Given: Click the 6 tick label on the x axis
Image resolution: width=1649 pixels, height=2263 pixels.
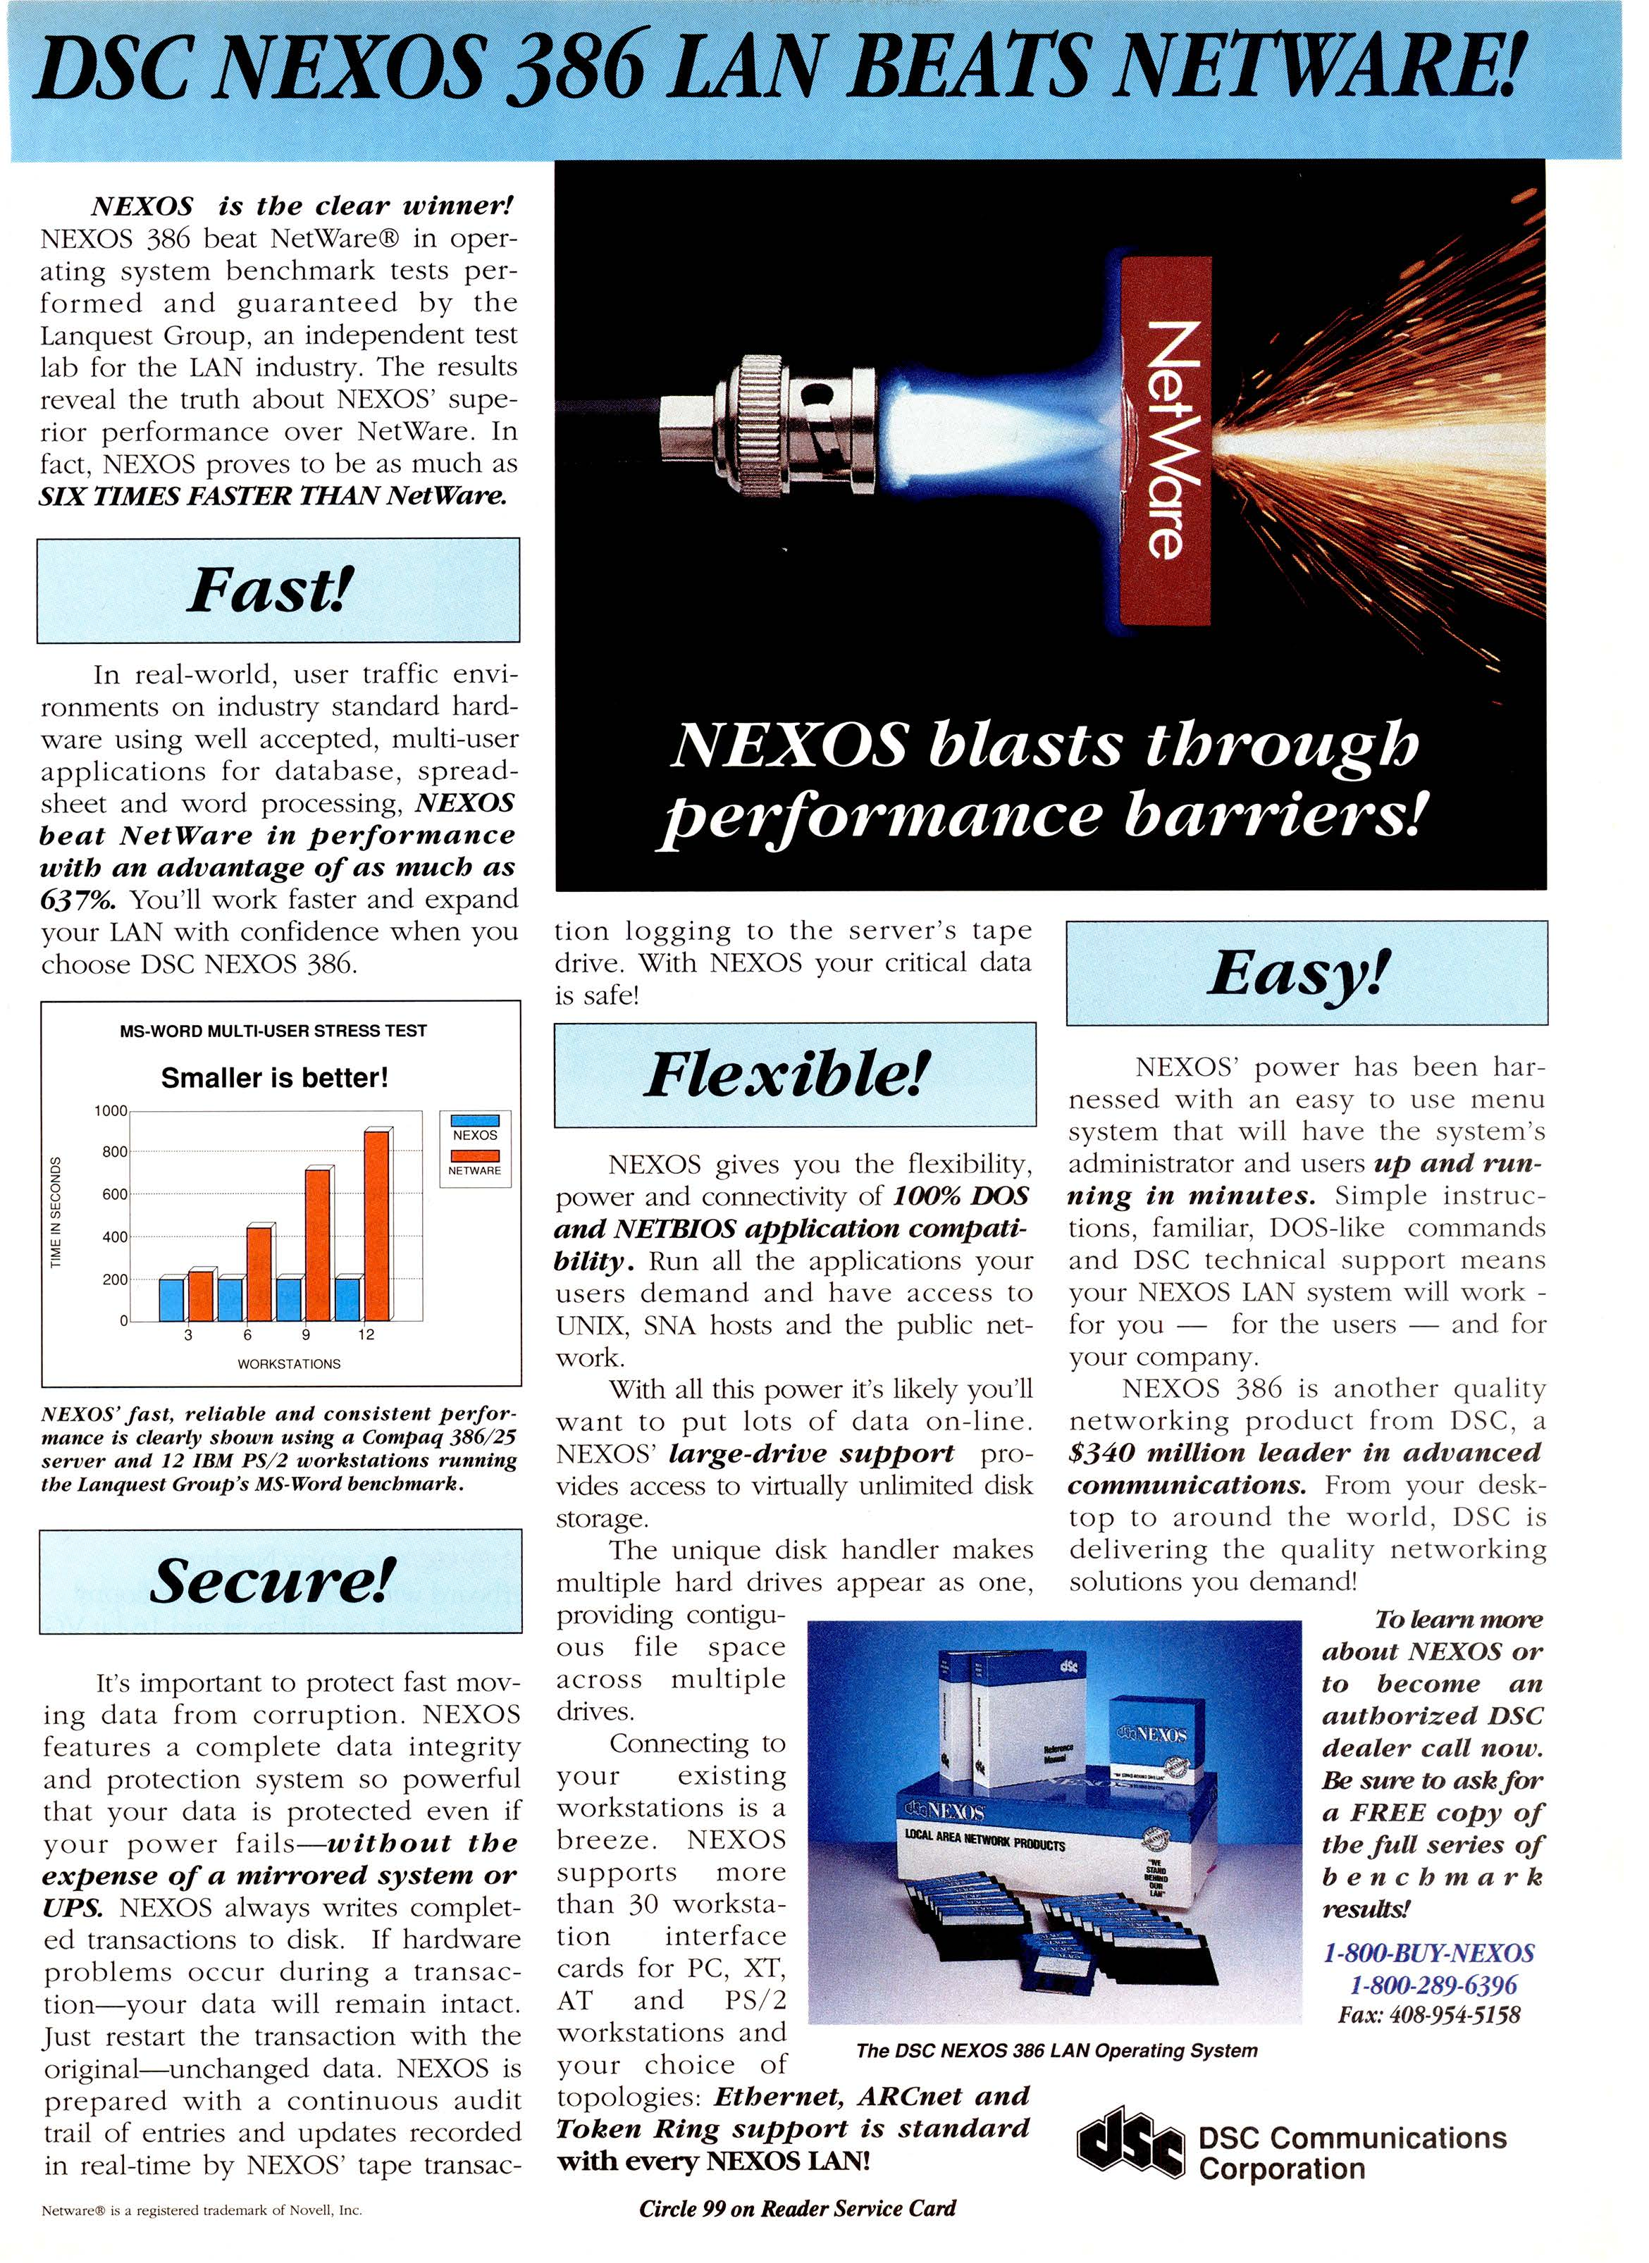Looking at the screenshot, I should pyautogui.click(x=247, y=1335).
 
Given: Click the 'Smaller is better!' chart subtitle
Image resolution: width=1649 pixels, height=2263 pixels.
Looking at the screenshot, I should pyautogui.click(x=275, y=1079).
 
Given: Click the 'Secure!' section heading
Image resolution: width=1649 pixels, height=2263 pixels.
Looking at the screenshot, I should pyautogui.click(x=271, y=1580).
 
